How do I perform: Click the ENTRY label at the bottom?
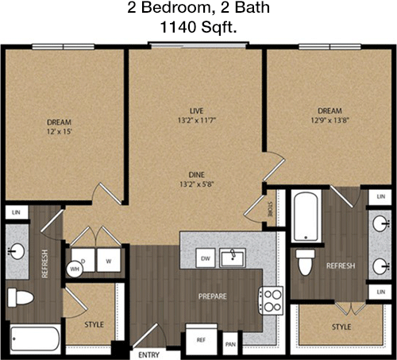tap(148, 354)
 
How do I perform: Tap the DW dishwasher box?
tap(206, 258)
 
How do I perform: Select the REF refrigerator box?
tap(201, 339)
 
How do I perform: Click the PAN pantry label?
tap(230, 344)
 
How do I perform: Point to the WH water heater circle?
tap(75, 269)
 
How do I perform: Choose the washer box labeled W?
tap(109, 260)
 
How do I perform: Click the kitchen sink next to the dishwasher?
tap(233, 257)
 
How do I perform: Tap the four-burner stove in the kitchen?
tap(271, 300)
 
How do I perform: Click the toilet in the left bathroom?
tap(21, 298)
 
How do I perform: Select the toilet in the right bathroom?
tap(305, 262)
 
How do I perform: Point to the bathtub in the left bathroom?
tap(35, 339)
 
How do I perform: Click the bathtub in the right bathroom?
tap(306, 216)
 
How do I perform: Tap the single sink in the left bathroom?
tap(16, 251)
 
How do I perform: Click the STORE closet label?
tap(271, 210)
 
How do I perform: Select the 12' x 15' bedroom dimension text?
tap(60, 131)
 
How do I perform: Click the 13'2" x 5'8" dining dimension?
tap(197, 184)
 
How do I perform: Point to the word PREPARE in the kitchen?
tap(213, 296)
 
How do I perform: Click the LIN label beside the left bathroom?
tap(16, 212)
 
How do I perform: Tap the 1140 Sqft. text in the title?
tap(198, 27)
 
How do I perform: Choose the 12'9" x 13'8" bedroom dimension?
tap(330, 120)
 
